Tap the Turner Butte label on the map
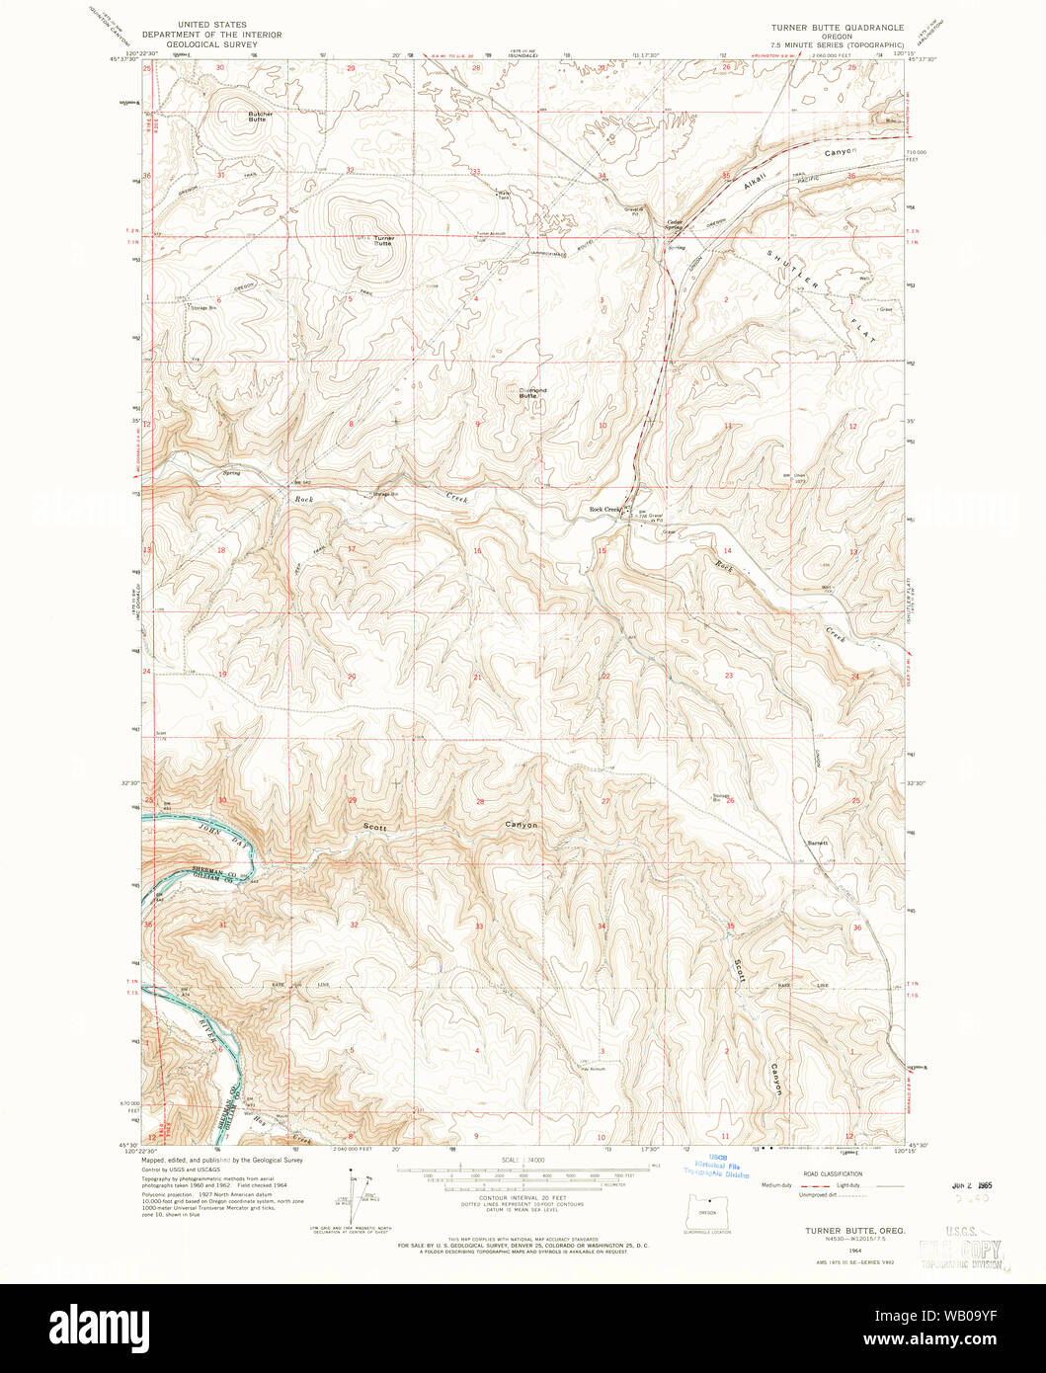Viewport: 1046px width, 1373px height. click(383, 240)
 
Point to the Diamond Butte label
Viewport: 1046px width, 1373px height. click(533, 392)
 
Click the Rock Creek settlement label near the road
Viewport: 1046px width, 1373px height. click(603, 510)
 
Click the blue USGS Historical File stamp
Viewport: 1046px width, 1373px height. click(718, 1166)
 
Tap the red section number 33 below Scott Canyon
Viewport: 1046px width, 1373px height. click(479, 926)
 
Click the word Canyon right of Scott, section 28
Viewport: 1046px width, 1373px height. click(522, 825)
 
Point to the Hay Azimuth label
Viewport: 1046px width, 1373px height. click(593, 1069)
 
